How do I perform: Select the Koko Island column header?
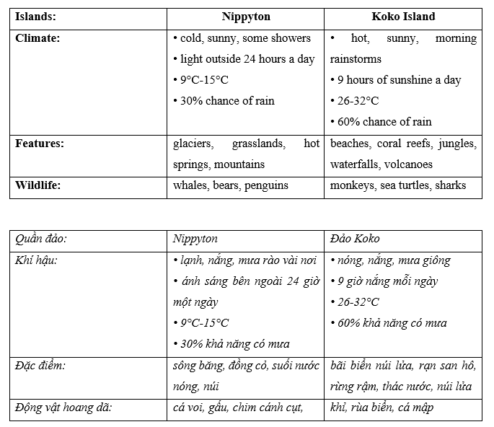click(403, 17)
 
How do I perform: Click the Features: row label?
click(40, 143)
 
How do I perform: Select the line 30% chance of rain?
click(224, 100)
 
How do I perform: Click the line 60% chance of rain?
click(381, 121)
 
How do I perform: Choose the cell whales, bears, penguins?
click(231, 185)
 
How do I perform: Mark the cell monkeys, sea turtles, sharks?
click(398, 185)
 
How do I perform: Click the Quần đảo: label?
click(43, 239)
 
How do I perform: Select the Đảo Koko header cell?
click(355, 239)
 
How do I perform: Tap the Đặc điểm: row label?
click(40, 366)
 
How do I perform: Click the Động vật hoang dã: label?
click(61, 408)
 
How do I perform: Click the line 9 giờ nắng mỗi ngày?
click(384, 281)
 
